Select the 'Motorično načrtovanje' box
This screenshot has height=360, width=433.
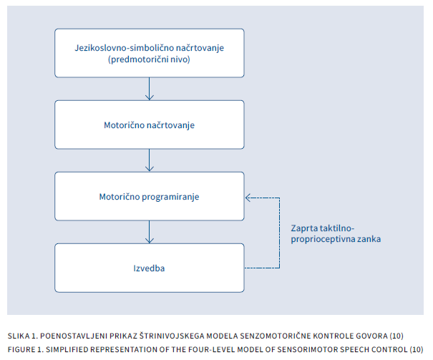149,125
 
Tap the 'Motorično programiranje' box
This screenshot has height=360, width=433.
149,196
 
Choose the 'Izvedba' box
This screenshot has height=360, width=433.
149,268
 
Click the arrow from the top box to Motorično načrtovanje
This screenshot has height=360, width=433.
149,89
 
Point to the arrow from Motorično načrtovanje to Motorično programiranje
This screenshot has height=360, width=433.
149,160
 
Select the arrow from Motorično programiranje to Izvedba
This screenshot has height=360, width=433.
149,232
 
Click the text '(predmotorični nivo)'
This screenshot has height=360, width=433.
149,59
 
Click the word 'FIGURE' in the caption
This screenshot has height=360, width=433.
22,349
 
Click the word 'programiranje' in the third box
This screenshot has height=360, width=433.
170,196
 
